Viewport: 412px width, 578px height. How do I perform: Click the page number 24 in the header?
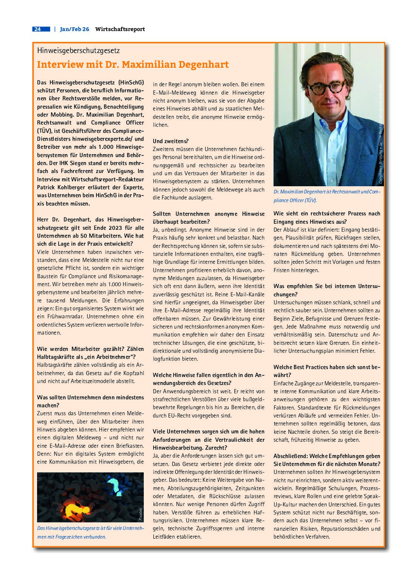coord(37,29)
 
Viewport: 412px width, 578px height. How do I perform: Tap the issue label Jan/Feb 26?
coord(75,29)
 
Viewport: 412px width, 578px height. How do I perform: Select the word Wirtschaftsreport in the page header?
coord(120,29)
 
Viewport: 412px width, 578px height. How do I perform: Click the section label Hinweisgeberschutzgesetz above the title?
coord(78,50)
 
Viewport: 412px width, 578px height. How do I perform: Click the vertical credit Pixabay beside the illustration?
coord(141,514)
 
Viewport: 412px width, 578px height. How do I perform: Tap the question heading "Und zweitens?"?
coord(171,141)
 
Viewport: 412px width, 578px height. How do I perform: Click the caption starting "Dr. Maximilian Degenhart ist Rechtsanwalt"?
coord(326,196)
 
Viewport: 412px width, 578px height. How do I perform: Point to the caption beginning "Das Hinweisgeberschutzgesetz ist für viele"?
coord(90,532)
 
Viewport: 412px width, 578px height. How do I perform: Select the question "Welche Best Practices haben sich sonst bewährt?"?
coord(326,371)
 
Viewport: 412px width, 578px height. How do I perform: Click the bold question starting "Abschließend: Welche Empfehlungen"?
coord(326,460)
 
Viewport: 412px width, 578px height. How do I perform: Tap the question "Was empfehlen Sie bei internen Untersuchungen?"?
coord(326,290)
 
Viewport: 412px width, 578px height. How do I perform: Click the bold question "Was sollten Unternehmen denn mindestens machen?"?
coord(90,401)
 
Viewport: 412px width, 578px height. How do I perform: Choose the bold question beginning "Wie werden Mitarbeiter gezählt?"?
coord(90,353)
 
